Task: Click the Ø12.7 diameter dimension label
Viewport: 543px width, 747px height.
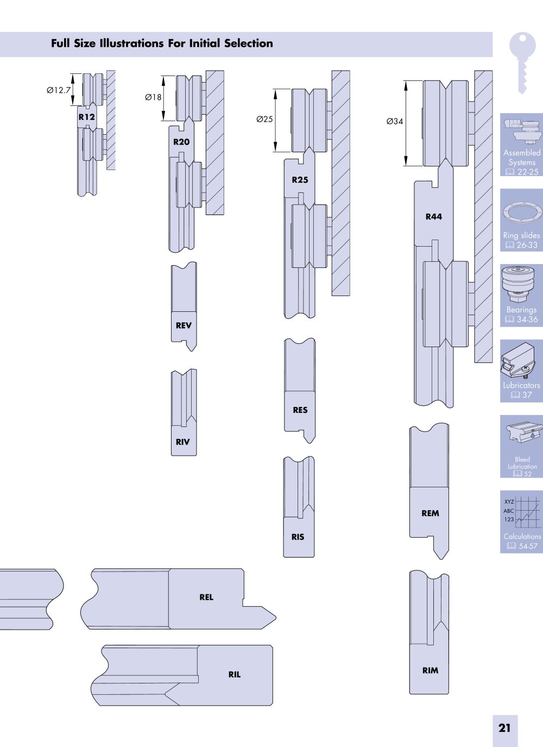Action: coord(59,90)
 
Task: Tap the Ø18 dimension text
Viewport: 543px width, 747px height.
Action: coord(153,97)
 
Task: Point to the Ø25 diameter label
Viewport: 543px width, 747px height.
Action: coord(264,119)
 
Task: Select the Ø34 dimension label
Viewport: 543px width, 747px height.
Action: coord(395,121)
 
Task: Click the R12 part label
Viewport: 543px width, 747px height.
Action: coord(87,117)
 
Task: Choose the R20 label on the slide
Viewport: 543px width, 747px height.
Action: coord(181,142)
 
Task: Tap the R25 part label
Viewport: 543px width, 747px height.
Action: coord(300,180)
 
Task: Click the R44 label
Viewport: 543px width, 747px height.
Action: coord(434,217)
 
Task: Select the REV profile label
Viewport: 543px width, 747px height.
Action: coord(184,325)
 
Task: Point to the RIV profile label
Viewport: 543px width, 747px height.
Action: coord(182,442)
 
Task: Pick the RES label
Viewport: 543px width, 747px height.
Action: coord(300,410)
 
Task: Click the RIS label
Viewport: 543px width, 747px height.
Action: coord(298,537)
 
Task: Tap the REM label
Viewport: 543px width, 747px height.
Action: coord(431,513)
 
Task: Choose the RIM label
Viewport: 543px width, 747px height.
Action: coord(431,670)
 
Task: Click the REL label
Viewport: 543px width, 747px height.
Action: coord(206,597)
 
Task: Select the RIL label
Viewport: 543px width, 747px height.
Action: coord(235,675)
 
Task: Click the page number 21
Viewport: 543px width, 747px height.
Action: coord(504,728)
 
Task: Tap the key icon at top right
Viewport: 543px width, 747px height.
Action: coord(522,62)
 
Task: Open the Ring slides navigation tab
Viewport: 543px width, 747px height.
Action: coord(521,220)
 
